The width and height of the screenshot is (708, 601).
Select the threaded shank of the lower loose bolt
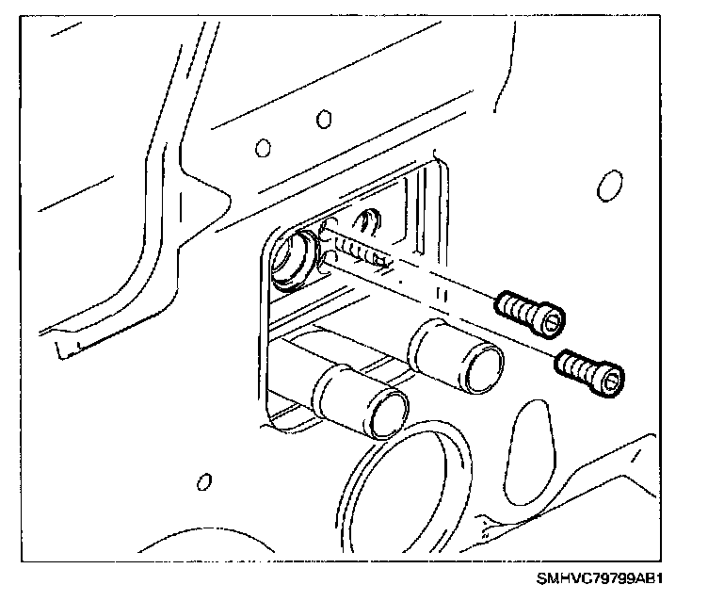click(x=572, y=363)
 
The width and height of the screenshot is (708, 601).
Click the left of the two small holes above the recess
click(x=264, y=147)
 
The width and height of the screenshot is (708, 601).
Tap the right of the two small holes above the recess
click(x=324, y=119)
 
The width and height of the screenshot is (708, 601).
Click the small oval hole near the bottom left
click(x=202, y=482)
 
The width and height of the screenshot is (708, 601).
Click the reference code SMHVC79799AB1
click(x=614, y=577)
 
